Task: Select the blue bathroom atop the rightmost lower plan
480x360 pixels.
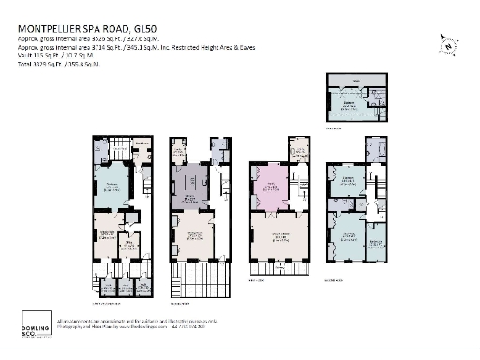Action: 375,151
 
